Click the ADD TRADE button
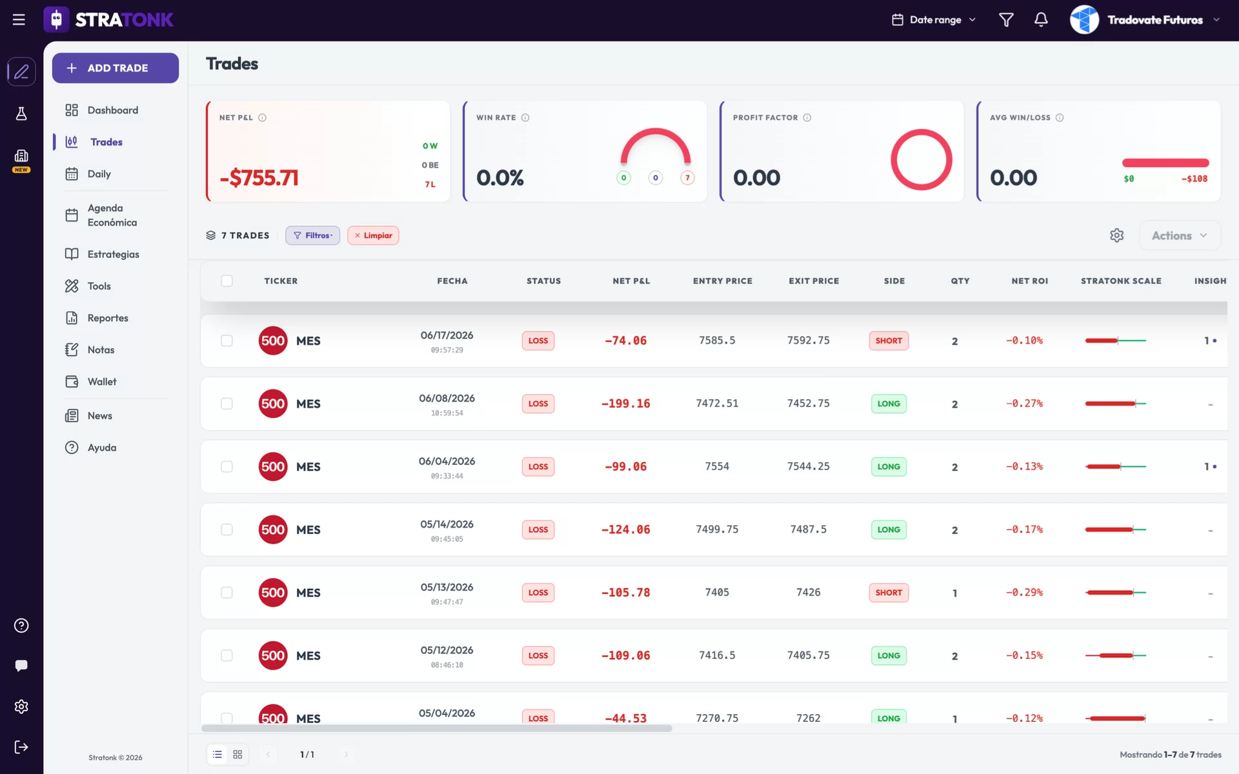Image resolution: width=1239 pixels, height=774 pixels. pos(116,68)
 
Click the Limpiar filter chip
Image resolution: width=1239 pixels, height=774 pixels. pos(373,235)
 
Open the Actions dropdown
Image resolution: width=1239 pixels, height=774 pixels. pos(1179,235)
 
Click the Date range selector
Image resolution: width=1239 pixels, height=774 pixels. pos(934,20)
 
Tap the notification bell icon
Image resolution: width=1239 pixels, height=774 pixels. pos(1041,20)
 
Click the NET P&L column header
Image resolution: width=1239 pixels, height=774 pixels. pos(631,281)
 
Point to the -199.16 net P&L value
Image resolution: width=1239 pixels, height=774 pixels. pos(625,404)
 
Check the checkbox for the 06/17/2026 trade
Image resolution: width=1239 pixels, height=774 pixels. pos(227,341)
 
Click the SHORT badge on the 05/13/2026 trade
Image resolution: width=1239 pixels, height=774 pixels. pos(889,593)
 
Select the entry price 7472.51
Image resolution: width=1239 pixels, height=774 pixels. pos(717,404)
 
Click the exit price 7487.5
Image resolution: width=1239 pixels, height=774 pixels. pos(808,530)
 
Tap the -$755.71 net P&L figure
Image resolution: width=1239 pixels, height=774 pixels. pos(259,178)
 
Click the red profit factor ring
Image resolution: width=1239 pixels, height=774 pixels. pos(921,130)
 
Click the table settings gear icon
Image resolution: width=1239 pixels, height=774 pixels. pos(1117,235)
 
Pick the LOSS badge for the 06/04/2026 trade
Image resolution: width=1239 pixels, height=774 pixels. pos(538,467)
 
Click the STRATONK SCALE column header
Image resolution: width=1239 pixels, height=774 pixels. pos(1121,281)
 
